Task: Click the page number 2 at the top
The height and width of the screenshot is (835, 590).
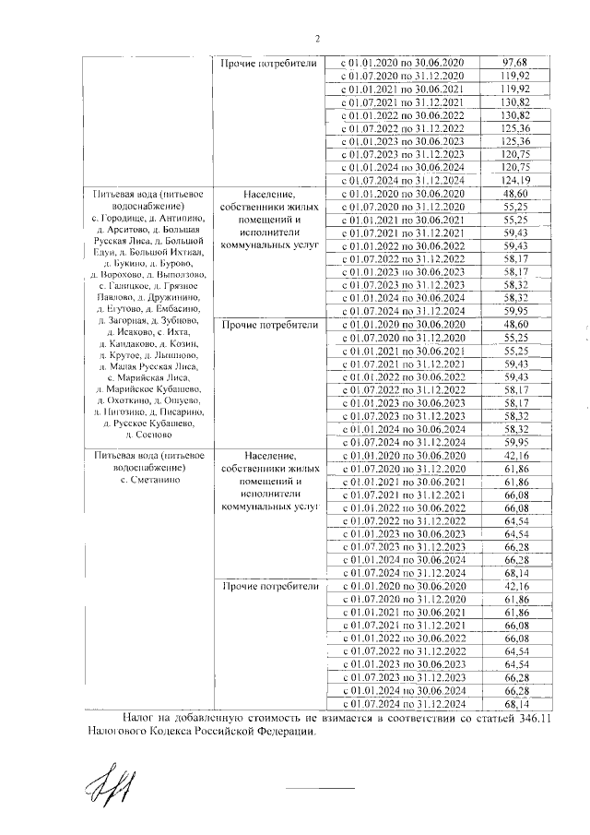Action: tap(317, 39)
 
